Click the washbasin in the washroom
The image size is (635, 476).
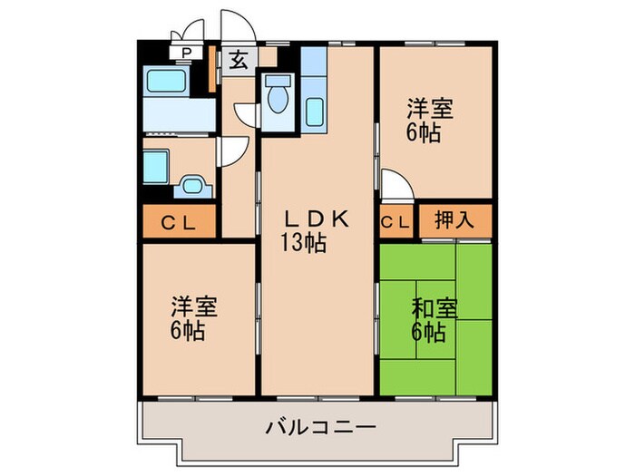pyautogui.click(x=192, y=188)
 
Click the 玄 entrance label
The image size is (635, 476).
pyautogui.click(x=238, y=61)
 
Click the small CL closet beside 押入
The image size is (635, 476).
pyautogui.click(x=397, y=220)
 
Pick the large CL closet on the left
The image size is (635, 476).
pyautogui.click(x=178, y=220)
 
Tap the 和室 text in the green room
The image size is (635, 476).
pyautogui.click(x=430, y=308)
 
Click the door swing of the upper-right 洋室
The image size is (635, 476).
pyautogui.click(x=396, y=188)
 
